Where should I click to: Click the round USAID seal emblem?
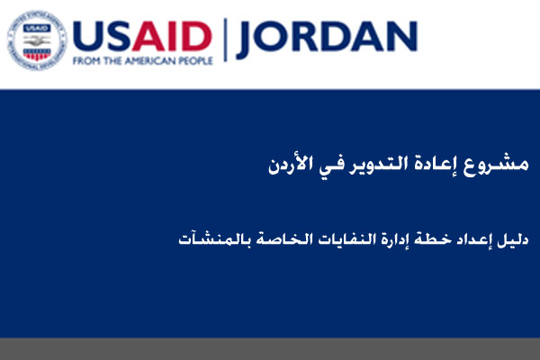point(37,40)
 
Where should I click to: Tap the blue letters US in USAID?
point(102,37)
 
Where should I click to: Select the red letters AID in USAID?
point(172,37)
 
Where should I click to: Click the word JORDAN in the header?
point(327,38)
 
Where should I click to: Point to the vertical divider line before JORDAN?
point(225,40)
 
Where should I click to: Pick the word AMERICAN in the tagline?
point(149,61)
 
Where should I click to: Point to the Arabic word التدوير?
point(378,165)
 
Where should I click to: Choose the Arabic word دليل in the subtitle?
point(513,239)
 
